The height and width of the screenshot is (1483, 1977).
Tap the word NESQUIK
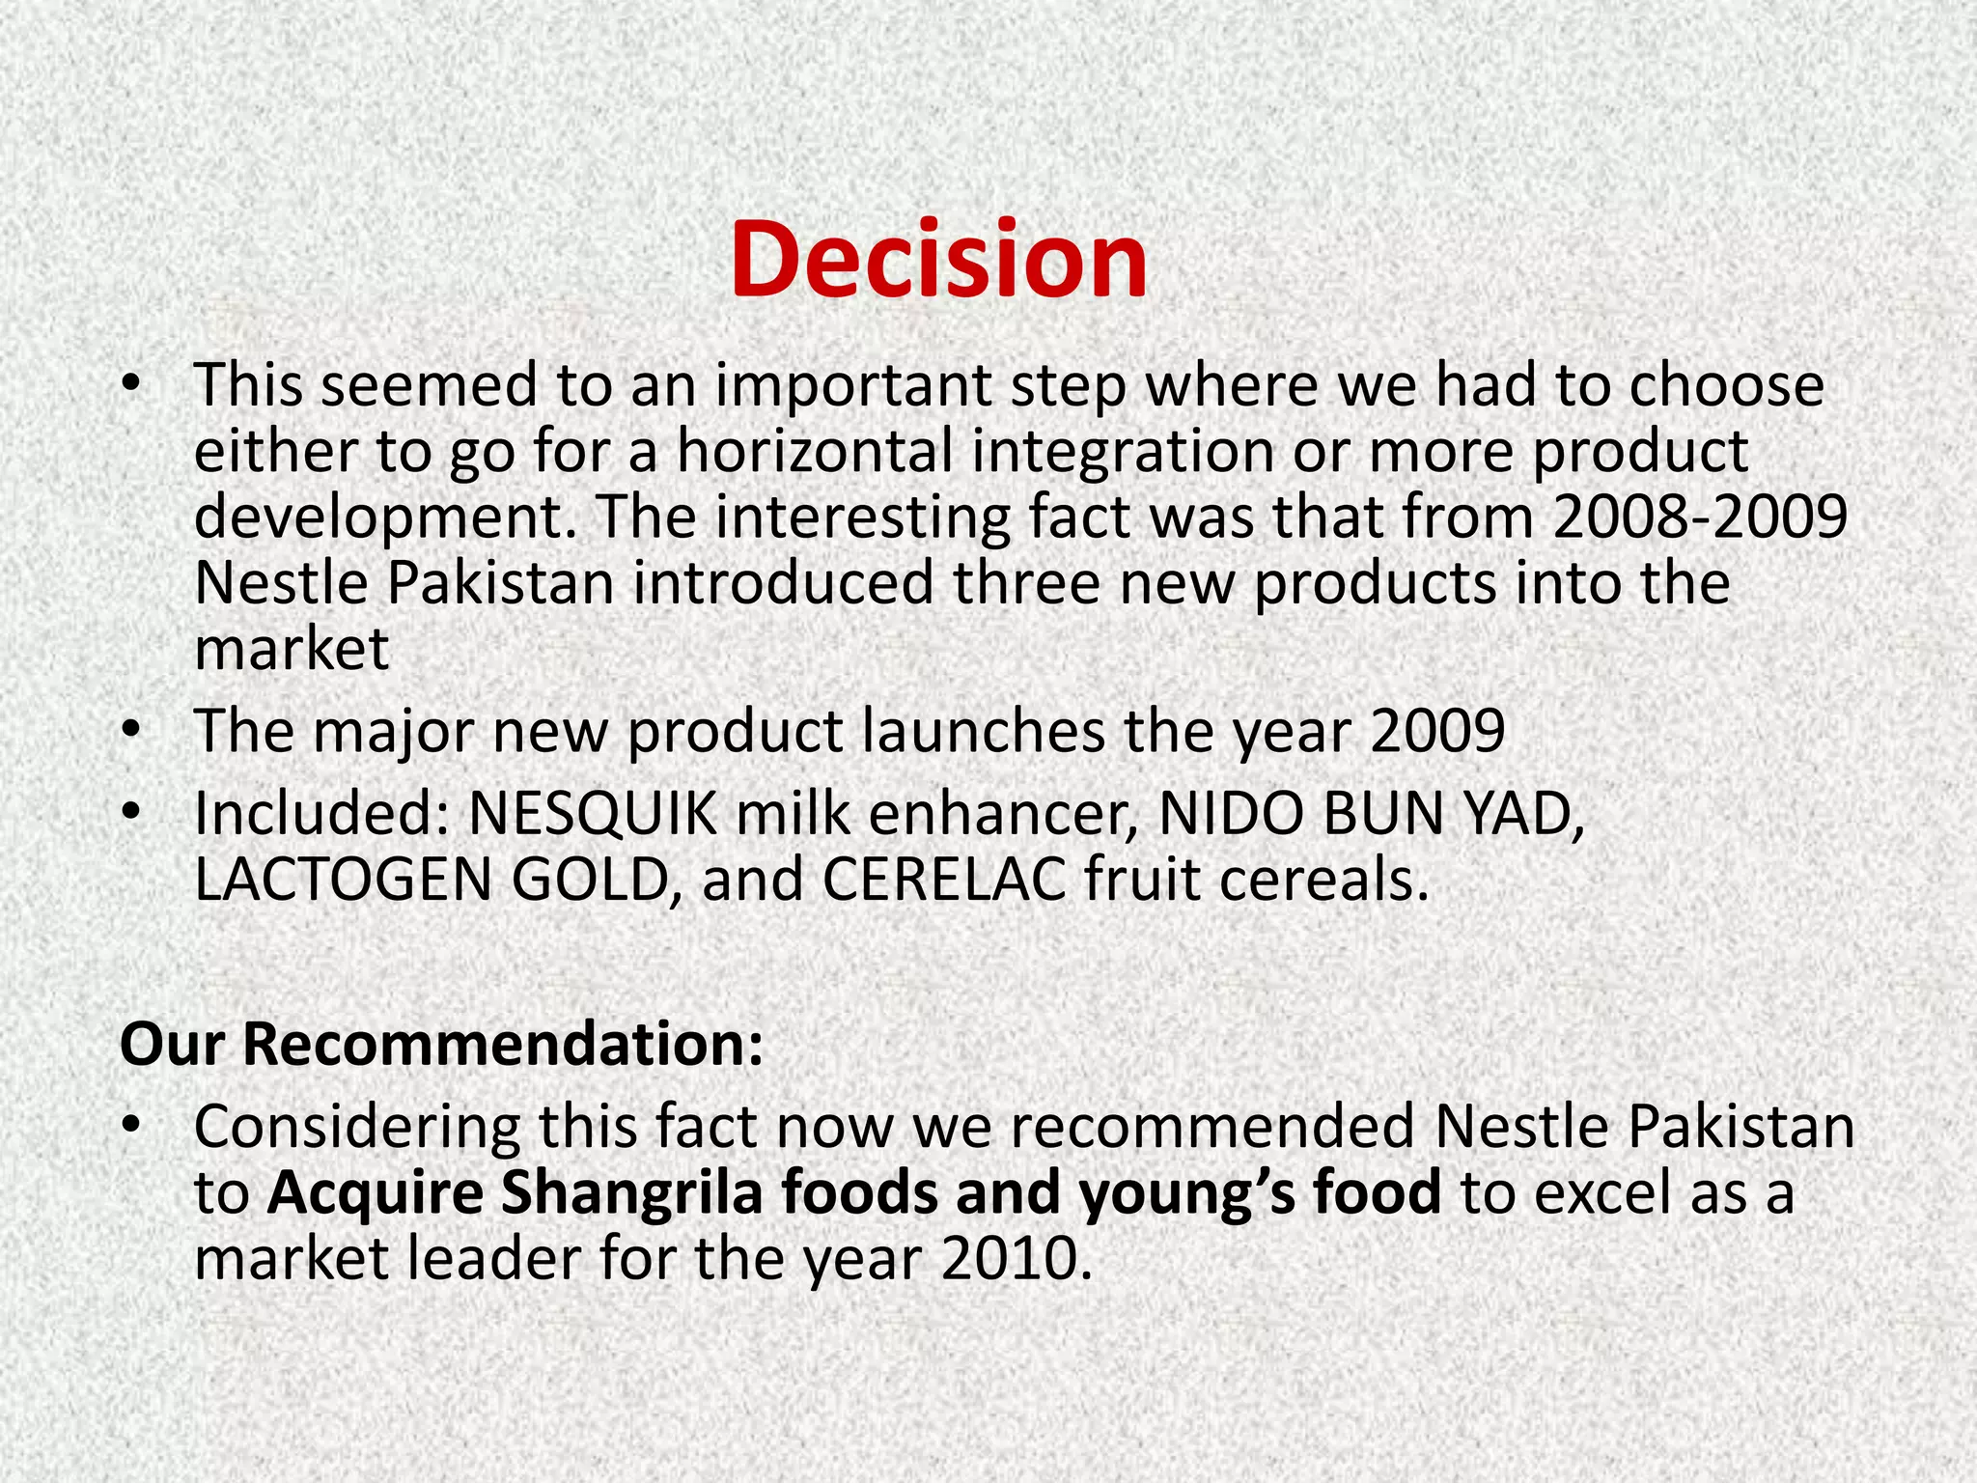[x=592, y=814]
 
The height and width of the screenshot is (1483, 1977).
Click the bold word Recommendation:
[x=503, y=1044]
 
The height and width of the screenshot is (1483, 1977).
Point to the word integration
[x=1123, y=452]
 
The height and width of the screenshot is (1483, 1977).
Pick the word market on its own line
[x=292, y=649]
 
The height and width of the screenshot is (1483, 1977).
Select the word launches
[x=983, y=731]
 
